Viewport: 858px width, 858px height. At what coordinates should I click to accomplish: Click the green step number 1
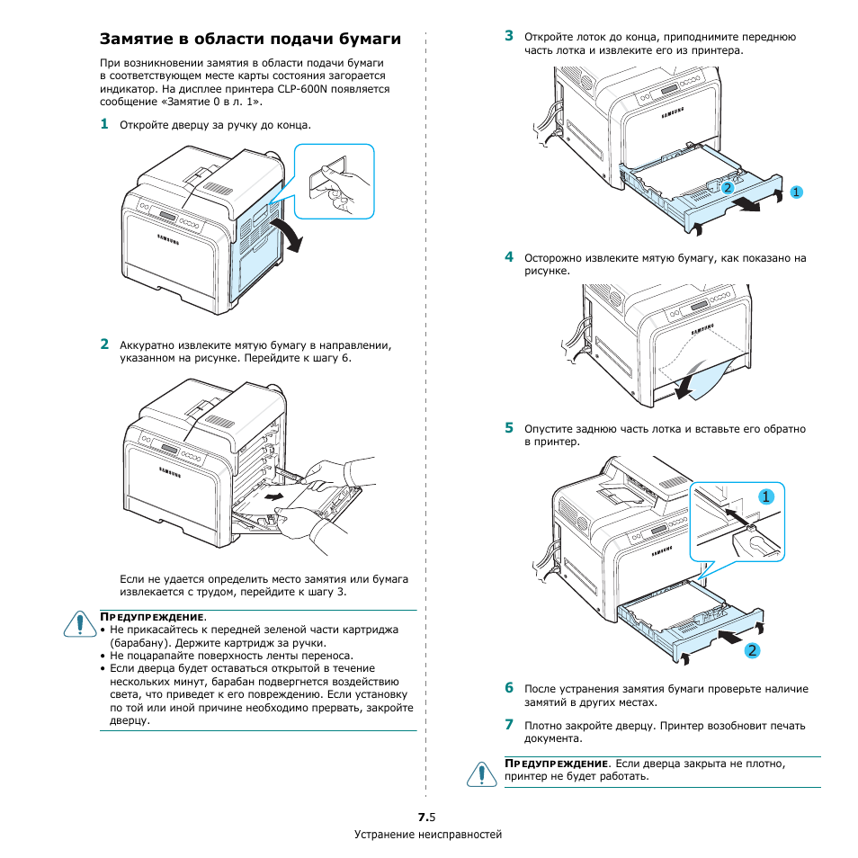[104, 125]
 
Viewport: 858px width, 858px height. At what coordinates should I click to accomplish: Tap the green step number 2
[104, 344]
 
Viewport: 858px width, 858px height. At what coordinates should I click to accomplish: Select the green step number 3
[508, 37]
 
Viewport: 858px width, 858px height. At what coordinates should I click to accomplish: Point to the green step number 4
[508, 257]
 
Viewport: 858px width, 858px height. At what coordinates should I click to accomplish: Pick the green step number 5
[508, 428]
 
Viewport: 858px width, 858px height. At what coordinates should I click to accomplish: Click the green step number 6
[508, 688]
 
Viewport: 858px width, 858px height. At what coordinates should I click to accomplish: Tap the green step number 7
[508, 724]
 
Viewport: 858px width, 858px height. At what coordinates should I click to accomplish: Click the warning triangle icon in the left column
[79, 622]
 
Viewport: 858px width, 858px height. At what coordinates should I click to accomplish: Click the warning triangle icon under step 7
[482, 773]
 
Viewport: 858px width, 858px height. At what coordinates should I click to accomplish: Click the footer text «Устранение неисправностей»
[428, 835]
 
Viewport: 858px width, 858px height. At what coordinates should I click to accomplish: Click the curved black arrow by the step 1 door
[289, 233]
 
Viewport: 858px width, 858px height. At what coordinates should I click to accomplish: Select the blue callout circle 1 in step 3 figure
[795, 192]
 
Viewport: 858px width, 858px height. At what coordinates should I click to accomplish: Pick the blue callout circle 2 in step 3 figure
[728, 187]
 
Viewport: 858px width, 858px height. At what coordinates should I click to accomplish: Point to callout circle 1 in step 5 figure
[764, 496]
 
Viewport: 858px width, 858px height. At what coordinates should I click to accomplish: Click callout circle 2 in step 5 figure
[748, 649]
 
